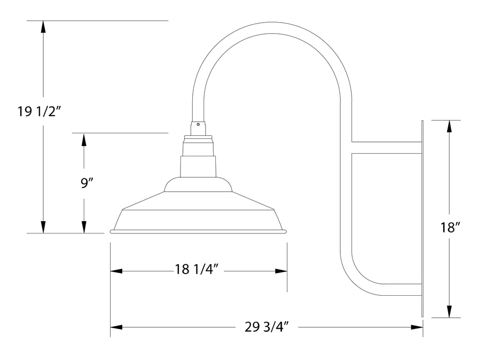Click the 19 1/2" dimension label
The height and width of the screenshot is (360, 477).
40,112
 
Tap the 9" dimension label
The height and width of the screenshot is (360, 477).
86,183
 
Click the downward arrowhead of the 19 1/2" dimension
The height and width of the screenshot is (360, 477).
44,226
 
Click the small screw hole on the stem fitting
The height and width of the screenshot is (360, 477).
198,123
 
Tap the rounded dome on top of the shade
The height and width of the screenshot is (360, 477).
198,184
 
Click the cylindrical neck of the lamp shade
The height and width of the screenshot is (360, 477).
198,166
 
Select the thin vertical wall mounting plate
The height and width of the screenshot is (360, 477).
422,219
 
